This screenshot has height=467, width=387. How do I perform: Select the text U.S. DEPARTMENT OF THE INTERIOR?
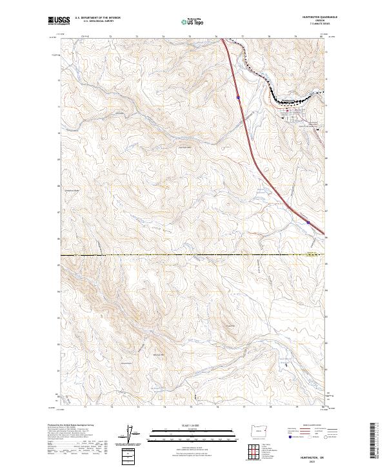pyautogui.click(x=96, y=18)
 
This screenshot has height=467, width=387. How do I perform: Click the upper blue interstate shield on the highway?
pyautogui.click(x=238, y=97)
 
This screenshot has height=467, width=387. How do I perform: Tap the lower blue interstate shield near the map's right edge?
pyautogui.click(x=308, y=222)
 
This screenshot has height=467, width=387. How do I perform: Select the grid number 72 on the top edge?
pyautogui.click(x=111, y=37)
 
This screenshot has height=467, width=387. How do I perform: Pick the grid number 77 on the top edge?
pyautogui.click(x=243, y=37)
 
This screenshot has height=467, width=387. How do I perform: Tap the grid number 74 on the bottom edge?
pyautogui.click(x=164, y=408)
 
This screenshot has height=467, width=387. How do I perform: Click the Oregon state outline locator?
pyautogui.click(x=256, y=430)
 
